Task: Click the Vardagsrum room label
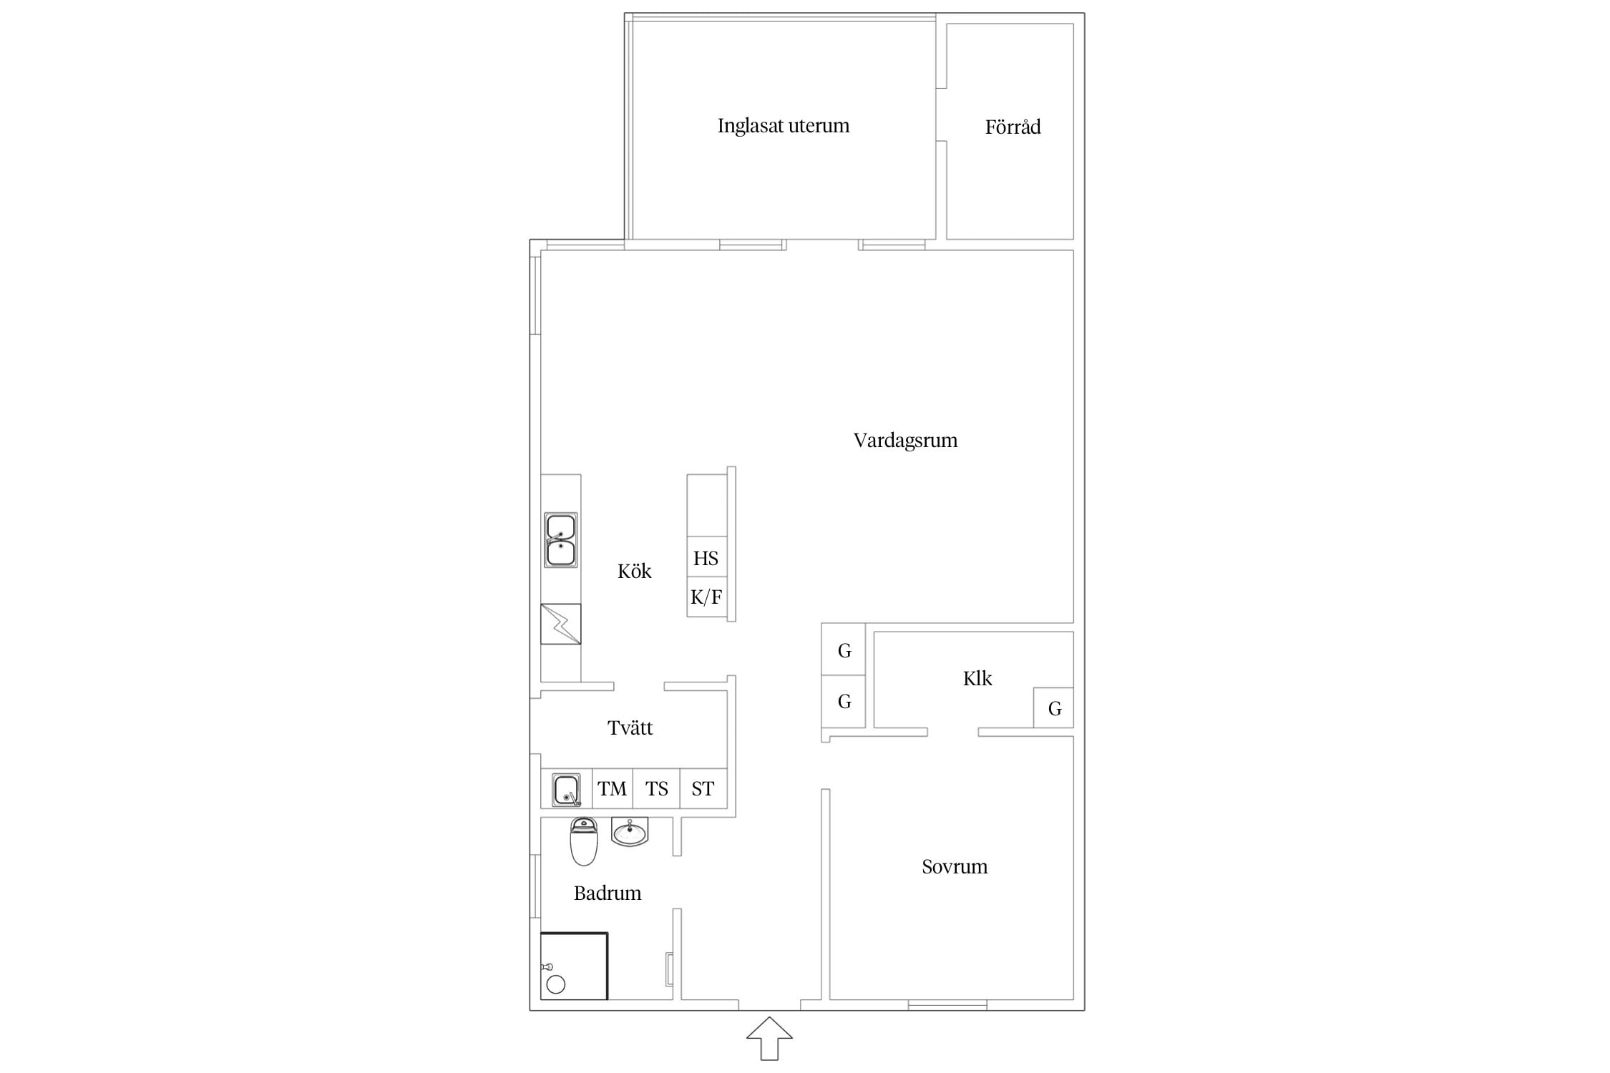click(905, 440)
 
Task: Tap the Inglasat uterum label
click(784, 126)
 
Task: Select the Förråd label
click(1013, 127)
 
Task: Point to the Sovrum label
click(955, 867)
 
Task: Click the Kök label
click(635, 571)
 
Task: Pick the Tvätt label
click(630, 728)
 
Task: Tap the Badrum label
click(608, 893)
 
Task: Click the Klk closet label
click(977, 678)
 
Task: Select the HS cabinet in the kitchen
click(706, 557)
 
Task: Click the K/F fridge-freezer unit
click(706, 597)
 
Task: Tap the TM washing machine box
click(613, 789)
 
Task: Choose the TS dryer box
click(656, 789)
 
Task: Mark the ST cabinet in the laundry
click(703, 789)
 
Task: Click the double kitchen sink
click(560, 540)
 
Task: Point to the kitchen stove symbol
click(560, 624)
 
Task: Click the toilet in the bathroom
click(584, 841)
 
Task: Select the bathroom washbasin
click(630, 832)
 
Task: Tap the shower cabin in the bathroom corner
click(574, 966)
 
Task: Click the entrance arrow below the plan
click(769, 1039)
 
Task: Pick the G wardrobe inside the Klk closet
click(1054, 708)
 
